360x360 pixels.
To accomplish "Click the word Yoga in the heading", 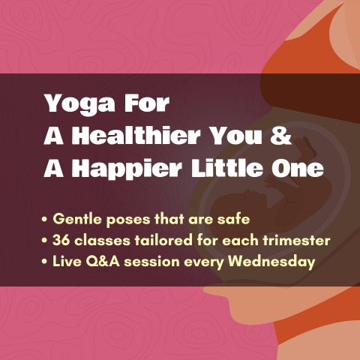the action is (80, 104).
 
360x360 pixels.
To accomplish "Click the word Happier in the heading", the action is (127, 169).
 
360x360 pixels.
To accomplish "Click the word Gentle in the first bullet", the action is (77, 219).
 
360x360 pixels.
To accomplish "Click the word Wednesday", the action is (271, 262).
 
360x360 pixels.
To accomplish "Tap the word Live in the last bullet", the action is (67, 262).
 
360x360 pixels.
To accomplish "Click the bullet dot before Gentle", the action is (45, 220).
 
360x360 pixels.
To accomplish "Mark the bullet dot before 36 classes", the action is (45, 241).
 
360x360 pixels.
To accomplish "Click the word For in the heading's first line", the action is (145, 103).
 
